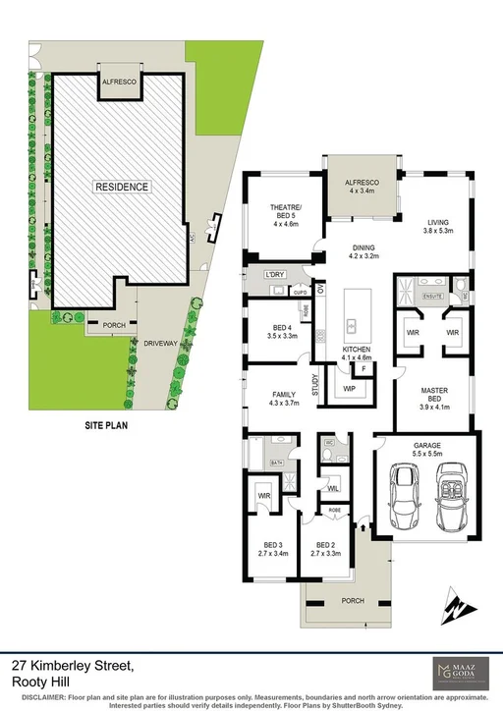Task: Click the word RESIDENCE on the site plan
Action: coord(122,187)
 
